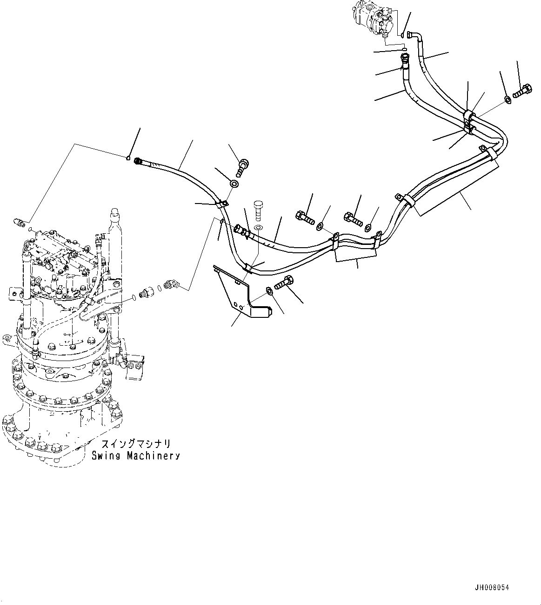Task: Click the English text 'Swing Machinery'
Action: coord(135,455)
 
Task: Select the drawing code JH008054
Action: coord(492,588)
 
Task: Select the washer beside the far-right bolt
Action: coord(508,99)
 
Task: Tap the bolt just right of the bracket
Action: coord(284,282)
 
